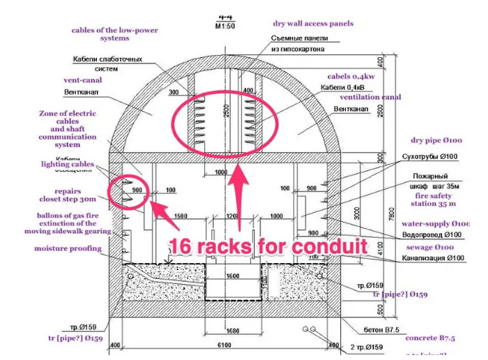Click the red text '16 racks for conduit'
269,245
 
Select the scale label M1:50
225,27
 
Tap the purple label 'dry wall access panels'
313,23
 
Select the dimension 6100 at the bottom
224,344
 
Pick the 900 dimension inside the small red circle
137,189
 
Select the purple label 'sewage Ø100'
429,247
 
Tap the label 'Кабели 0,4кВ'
342,87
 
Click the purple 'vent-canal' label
63,80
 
